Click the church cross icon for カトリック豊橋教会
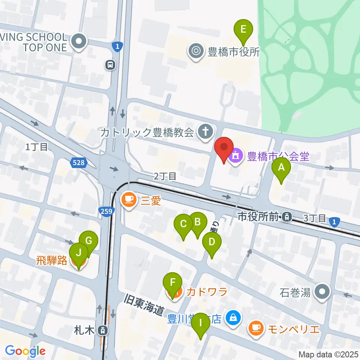point(205,132)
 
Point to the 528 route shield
point(78,162)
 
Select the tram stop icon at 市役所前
point(287,216)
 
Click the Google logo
point(25,351)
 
